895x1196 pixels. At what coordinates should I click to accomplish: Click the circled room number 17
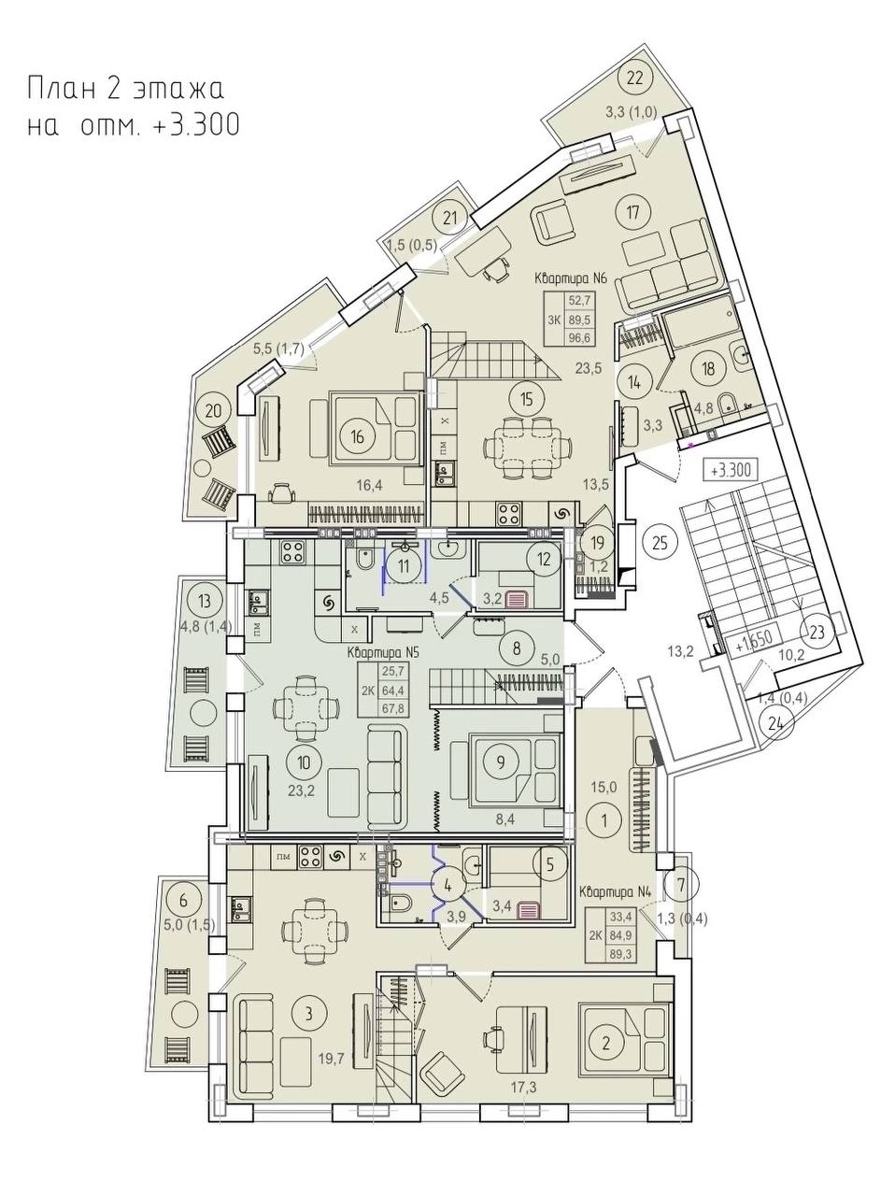[x=632, y=211]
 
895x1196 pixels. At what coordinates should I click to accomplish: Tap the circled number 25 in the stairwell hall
[x=660, y=543]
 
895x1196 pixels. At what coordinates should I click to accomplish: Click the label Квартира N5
[x=382, y=653]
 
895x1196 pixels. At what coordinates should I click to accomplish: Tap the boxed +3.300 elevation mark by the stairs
[x=733, y=470]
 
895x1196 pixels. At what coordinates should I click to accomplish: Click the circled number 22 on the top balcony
[x=635, y=78]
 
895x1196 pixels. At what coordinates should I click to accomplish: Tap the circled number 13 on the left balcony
[x=205, y=602]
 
